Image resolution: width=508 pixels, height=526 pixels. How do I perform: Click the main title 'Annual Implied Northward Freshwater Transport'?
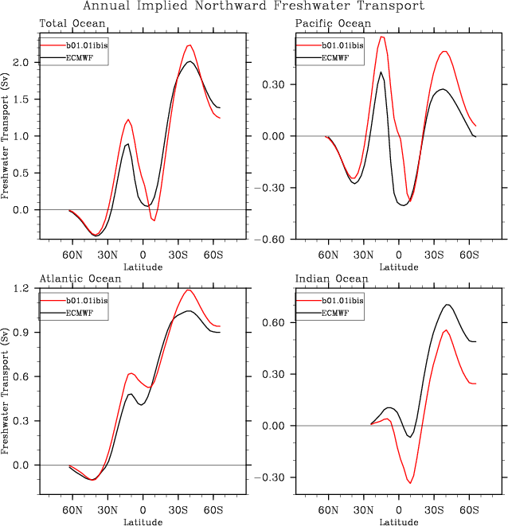(254, 6)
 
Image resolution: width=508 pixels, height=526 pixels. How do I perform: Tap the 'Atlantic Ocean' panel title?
(80, 279)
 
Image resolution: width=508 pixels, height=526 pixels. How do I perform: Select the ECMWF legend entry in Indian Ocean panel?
(338, 313)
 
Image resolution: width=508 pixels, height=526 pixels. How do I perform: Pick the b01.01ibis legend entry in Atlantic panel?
(86, 300)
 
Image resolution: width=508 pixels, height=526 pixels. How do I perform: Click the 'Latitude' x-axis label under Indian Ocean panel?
(399, 522)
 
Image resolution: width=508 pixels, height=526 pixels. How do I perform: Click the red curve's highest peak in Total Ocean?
(190, 45)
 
